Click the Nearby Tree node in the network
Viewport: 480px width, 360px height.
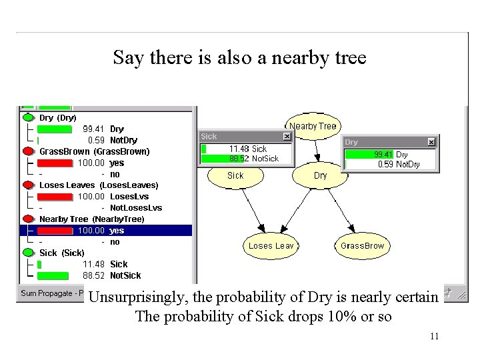click(313, 126)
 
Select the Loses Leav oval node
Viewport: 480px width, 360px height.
click(271, 246)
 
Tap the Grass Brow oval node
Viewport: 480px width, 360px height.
click(362, 246)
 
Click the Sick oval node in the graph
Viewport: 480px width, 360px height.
click(235, 176)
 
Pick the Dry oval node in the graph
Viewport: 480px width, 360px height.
click(320, 176)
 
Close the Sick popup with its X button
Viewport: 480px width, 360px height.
click(287, 137)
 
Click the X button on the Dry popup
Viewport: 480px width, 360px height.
click(431, 142)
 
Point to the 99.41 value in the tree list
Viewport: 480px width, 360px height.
click(93, 129)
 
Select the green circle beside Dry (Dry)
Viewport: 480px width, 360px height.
click(28, 117)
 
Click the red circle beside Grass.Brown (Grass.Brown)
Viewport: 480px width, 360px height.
click(28, 151)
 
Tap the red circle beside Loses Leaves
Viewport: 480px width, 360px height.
click(28, 185)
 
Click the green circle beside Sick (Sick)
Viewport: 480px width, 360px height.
click(28, 253)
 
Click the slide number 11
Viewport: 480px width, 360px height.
click(434, 336)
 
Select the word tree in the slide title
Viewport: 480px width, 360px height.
click(347, 58)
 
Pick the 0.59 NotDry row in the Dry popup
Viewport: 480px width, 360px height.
click(398, 164)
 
